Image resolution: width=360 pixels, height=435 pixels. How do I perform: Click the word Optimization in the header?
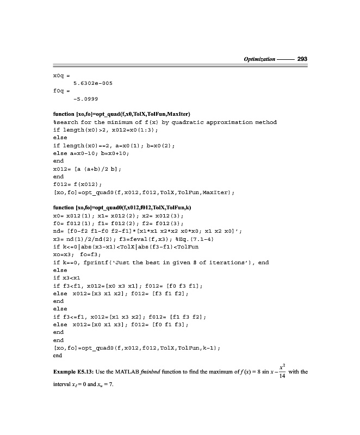(259, 58)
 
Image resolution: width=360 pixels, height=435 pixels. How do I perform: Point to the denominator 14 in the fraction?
(281, 376)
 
